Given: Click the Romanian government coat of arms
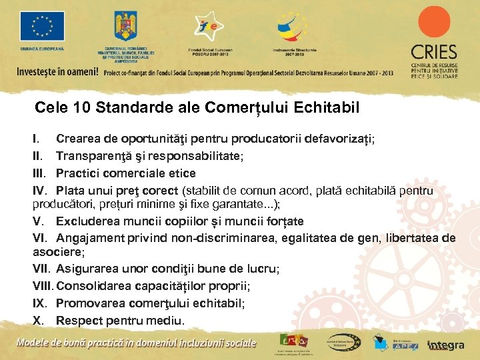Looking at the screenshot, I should pos(125,27).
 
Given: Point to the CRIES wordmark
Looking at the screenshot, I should pos(434,53).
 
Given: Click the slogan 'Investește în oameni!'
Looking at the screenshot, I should pos(57,71).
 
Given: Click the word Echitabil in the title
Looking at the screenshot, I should pos(327,107).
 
